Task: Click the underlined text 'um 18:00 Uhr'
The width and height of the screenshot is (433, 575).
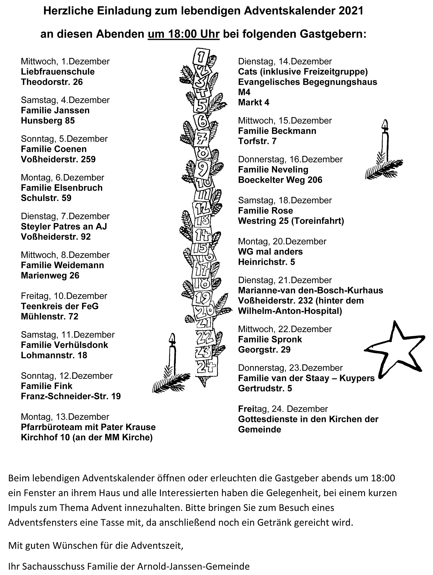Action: [x=183, y=34]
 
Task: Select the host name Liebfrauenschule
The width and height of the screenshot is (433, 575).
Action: [x=58, y=72]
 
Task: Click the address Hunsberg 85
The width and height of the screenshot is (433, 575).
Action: [x=48, y=121]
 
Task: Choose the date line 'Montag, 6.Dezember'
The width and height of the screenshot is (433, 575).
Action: [x=62, y=177]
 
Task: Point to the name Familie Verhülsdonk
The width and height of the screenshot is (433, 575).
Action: [x=64, y=345]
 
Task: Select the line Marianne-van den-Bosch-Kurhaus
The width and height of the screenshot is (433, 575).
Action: [x=310, y=290]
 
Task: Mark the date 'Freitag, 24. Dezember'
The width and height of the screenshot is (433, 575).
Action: [x=283, y=409]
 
